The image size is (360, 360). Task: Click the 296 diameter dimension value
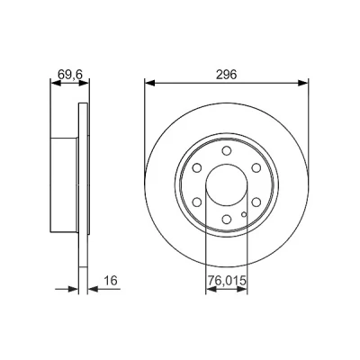(227, 75)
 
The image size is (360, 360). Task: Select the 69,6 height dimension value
(69, 75)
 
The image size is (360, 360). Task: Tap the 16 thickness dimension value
(110, 281)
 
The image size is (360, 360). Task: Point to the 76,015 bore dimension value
(227, 281)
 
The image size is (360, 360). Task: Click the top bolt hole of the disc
(227, 150)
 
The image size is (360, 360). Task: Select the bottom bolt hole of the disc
(227, 220)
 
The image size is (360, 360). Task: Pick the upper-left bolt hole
(197, 168)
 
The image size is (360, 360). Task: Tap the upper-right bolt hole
(256, 168)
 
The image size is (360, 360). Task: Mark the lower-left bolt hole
(197, 202)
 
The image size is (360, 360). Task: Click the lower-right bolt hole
(256, 202)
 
